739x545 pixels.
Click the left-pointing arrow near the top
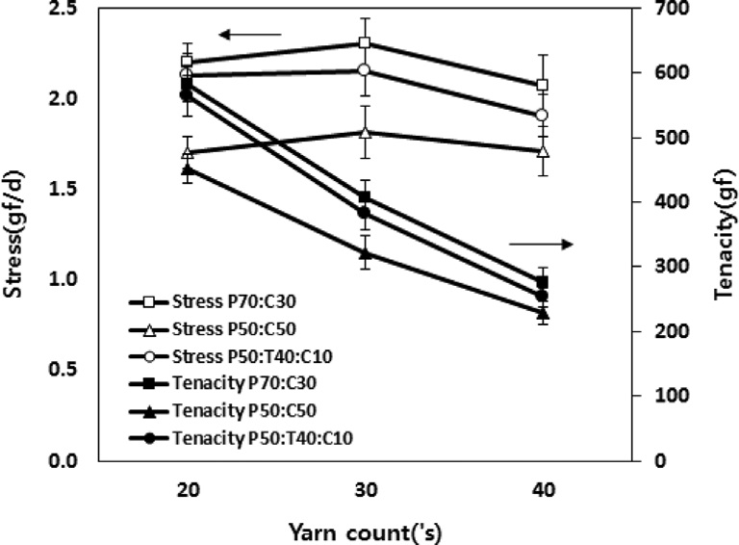[248, 36]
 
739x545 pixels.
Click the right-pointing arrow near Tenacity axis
[541, 245]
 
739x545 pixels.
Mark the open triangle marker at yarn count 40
[543, 151]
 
